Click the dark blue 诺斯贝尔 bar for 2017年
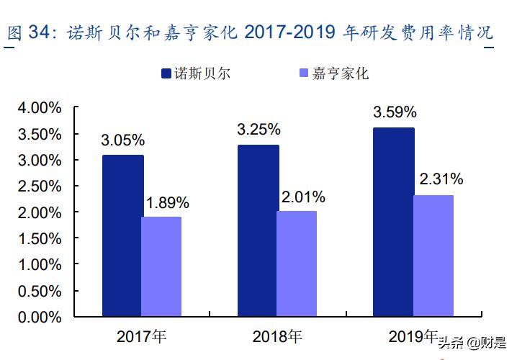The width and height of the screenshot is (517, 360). (122, 235)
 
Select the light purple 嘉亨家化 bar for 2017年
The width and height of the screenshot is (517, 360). (161, 266)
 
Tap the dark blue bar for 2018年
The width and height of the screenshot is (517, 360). (258, 230)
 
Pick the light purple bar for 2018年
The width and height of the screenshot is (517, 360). (297, 264)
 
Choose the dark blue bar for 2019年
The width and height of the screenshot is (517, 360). (393, 222)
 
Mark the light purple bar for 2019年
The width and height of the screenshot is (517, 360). (433, 256)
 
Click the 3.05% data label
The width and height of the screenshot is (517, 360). (123, 140)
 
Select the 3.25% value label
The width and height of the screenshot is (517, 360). (258, 130)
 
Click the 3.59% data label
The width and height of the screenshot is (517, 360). (395, 112)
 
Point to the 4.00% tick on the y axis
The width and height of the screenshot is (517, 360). (40, 108)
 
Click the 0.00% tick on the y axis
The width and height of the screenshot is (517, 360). (40, 317)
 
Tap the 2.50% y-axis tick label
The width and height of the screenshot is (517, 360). (40, 186)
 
